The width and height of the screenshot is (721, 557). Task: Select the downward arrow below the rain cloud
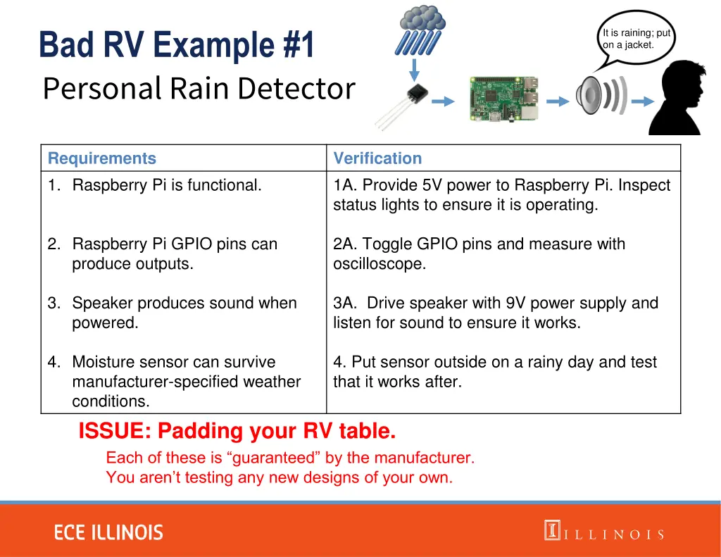(415, 70)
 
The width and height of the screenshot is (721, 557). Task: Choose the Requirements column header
(102, 158)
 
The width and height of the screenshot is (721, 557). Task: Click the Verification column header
(377, 158)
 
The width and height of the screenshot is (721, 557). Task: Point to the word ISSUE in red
(115, 430)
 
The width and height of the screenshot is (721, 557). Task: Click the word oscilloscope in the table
(380, 264)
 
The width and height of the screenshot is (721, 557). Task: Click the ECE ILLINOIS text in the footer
(109, 532)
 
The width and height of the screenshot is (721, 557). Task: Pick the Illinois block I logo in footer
(551, 530)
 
